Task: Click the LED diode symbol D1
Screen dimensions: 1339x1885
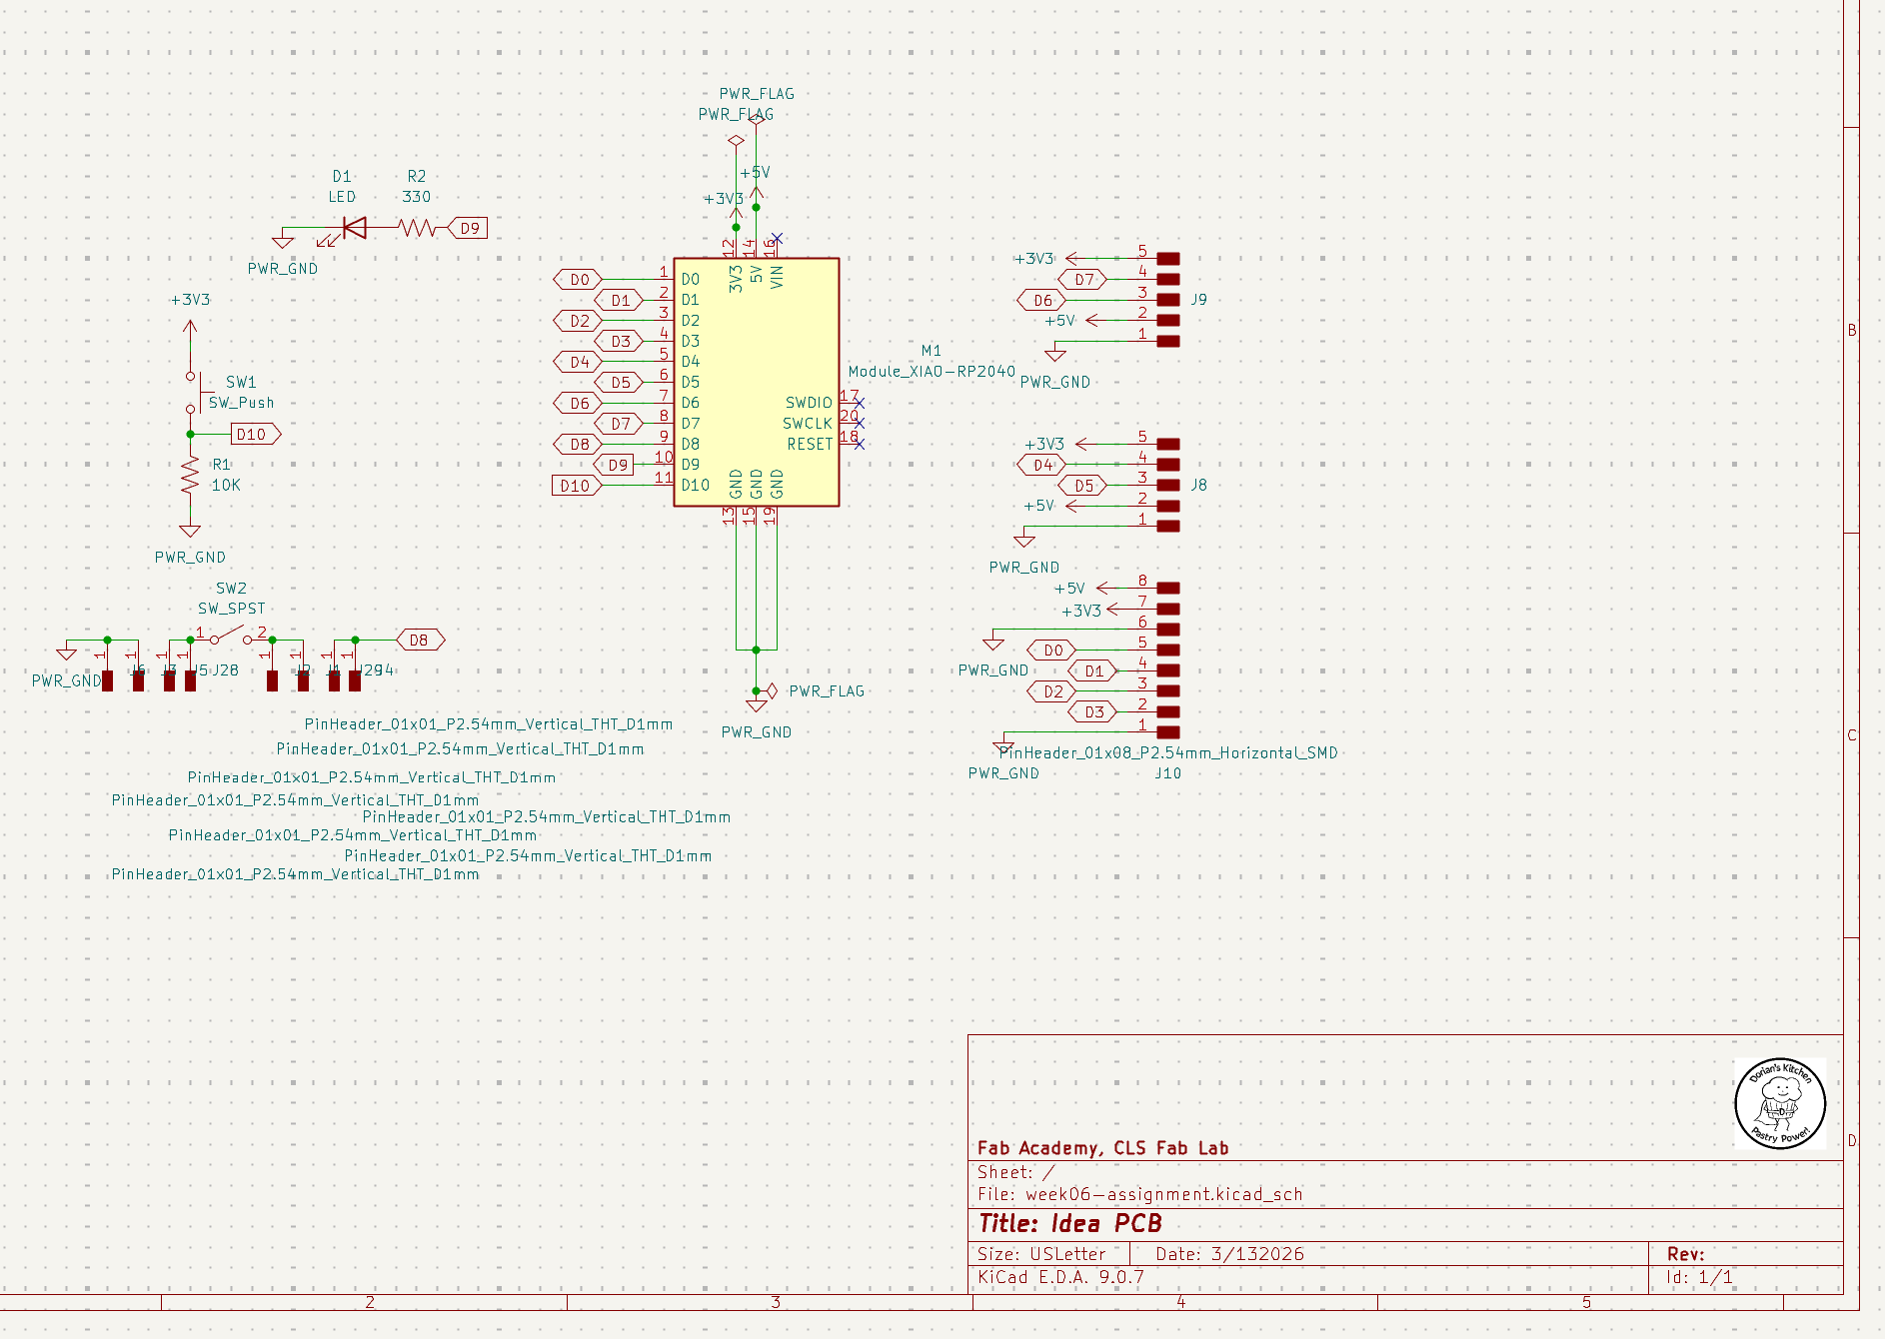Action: click(x=353, y=228)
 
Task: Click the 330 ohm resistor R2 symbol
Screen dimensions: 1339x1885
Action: click(x=418, y=228)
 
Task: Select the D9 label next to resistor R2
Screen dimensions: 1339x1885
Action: click(x=469, y=228)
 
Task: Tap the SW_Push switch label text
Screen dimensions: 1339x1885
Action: click(x=241, y=403)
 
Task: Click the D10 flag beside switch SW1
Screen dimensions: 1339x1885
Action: click(x=254, y=435)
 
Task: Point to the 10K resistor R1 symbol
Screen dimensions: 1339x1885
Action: click(x=190, y=478)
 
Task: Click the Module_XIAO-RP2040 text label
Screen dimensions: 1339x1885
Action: click(x=932, y=372)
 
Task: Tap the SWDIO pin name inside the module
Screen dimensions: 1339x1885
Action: click(x=808, y=403)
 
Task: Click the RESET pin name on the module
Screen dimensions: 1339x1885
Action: click(x=809, y=445)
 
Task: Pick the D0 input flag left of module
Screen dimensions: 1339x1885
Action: click(x=579, y=280)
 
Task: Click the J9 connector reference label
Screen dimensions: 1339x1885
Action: click(x=1198, y=300)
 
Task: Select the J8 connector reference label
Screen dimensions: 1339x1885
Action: click(x=1198, y=485)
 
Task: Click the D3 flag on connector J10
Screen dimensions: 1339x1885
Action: click(x=1093, y=712)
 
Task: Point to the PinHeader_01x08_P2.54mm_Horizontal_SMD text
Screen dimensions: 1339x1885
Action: click(x=1169, y=753)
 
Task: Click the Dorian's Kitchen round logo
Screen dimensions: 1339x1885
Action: click(x=1779, y=1103)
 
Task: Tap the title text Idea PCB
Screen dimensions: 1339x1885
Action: click(x=1069, y=1224)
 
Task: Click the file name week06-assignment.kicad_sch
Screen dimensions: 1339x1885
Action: click(x=1163, y=1195)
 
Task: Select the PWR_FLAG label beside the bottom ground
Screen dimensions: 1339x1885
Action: click(x=826, y=691)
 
